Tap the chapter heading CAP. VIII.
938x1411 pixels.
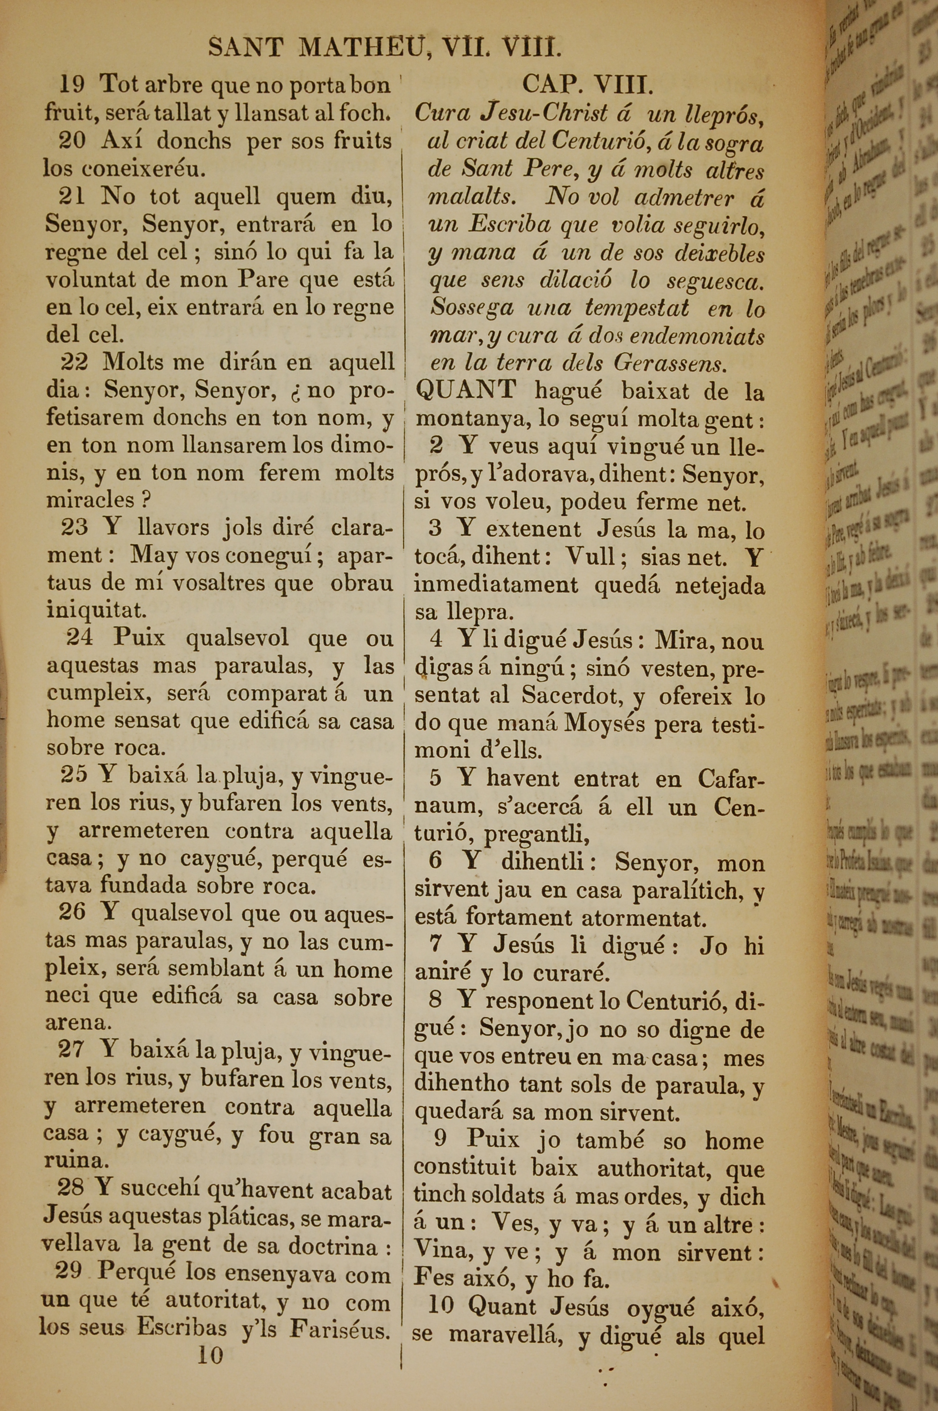point(588,85)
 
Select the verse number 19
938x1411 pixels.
point(72,84)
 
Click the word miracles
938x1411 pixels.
point(91,500)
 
